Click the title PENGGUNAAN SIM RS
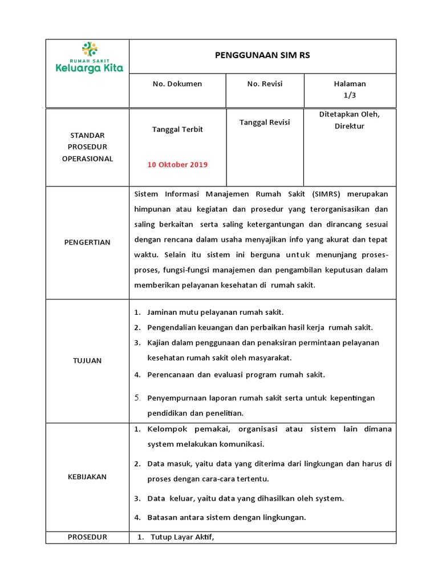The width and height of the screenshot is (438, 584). [x=262, y=55]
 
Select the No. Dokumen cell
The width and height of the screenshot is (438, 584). [x=177, y=84]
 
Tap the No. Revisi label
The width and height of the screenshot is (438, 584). [x=265, y=84]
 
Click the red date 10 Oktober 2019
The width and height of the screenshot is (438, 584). [x=177, y=165]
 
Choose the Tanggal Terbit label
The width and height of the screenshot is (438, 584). [x=177, y=129]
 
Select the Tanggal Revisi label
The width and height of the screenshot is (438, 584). [x=265, y=123]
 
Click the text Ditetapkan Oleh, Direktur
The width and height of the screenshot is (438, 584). [x=349, y=120]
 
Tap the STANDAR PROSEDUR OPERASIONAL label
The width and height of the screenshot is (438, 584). [x=87, y=147]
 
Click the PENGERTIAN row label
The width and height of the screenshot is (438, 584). [x=87, y=242]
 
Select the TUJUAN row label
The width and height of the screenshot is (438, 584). [x=87, y=360]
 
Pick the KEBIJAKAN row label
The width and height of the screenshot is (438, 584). [x=87, y=477]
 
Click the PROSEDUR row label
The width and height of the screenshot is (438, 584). [x=87, y=537]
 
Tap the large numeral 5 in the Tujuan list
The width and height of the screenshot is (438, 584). [x=137, y=398]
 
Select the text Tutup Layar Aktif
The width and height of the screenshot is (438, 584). [x=182, y=537]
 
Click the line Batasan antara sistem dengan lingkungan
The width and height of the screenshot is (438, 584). [x=226, y=518]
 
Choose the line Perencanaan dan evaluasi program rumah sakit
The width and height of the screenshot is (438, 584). [x=236, y=375]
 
